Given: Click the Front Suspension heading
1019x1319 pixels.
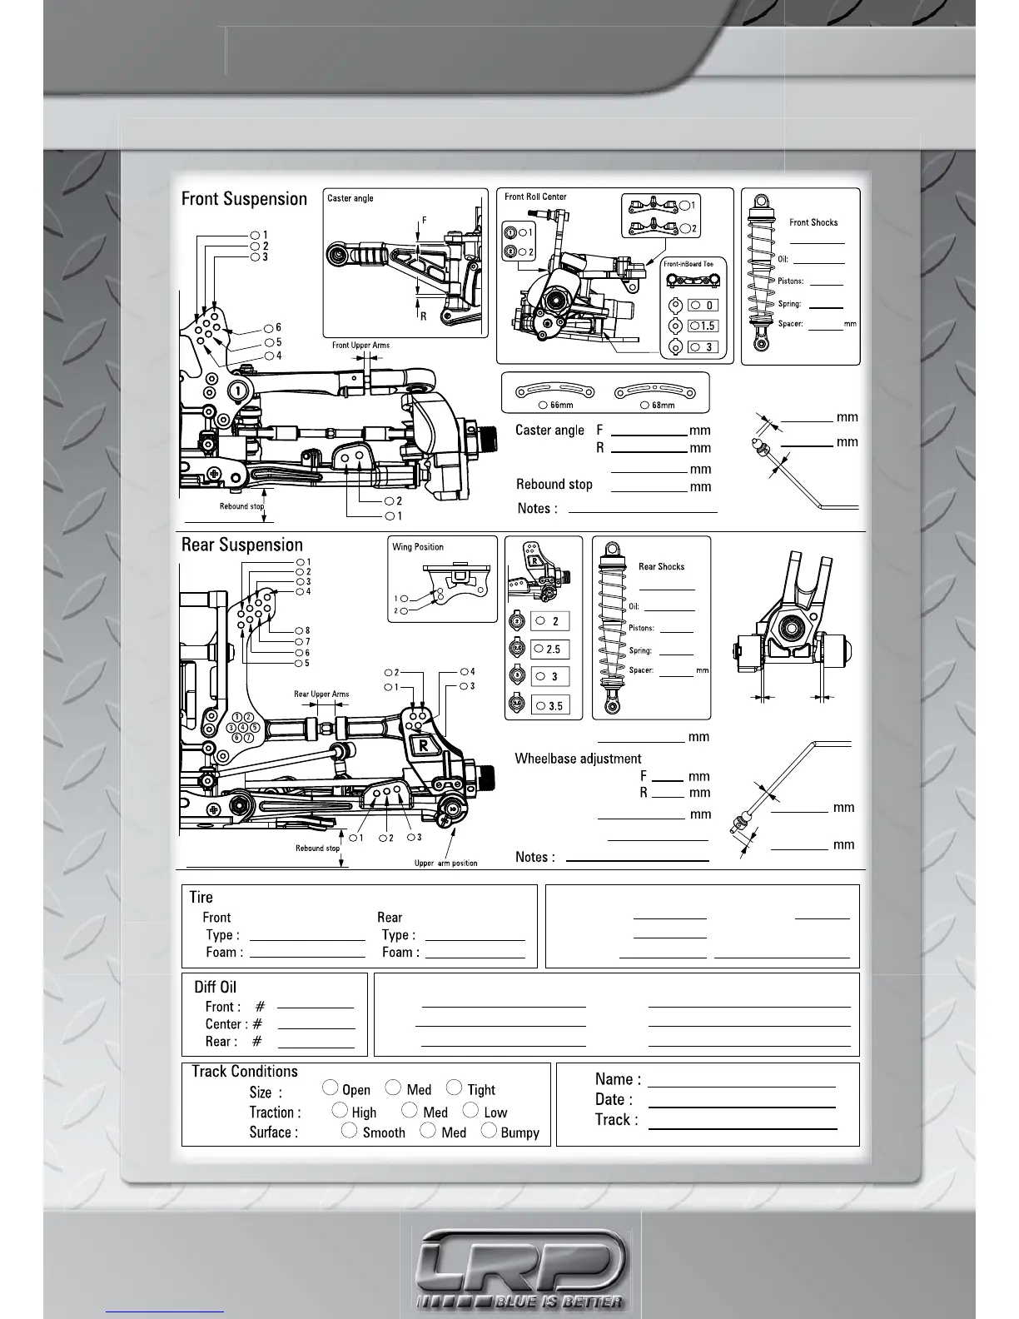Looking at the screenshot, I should (244, 199).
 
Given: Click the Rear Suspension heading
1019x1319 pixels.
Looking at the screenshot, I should (241, 545).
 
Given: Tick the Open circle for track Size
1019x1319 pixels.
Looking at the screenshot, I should (331, 1088).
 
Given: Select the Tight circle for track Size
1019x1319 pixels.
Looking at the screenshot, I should (454, 1088).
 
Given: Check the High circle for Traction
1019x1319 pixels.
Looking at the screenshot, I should (340, 1110).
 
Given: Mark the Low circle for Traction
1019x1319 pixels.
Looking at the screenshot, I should (470, 1110).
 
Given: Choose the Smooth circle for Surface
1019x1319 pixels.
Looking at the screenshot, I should (350, 1130).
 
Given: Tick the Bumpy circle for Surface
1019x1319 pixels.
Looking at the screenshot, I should (490, 1130).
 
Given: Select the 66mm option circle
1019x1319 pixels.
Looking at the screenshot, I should (543, 405).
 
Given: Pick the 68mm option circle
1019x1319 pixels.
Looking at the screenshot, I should (645, 405).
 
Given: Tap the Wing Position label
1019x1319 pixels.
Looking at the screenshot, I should (418, 547).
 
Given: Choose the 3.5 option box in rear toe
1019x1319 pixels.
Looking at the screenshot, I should (551, 705).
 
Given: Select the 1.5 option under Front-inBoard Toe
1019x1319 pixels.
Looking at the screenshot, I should (703, 326).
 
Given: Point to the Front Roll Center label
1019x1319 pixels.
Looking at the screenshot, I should (535, 197).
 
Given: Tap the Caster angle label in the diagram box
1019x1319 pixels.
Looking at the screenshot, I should (350, 198).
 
